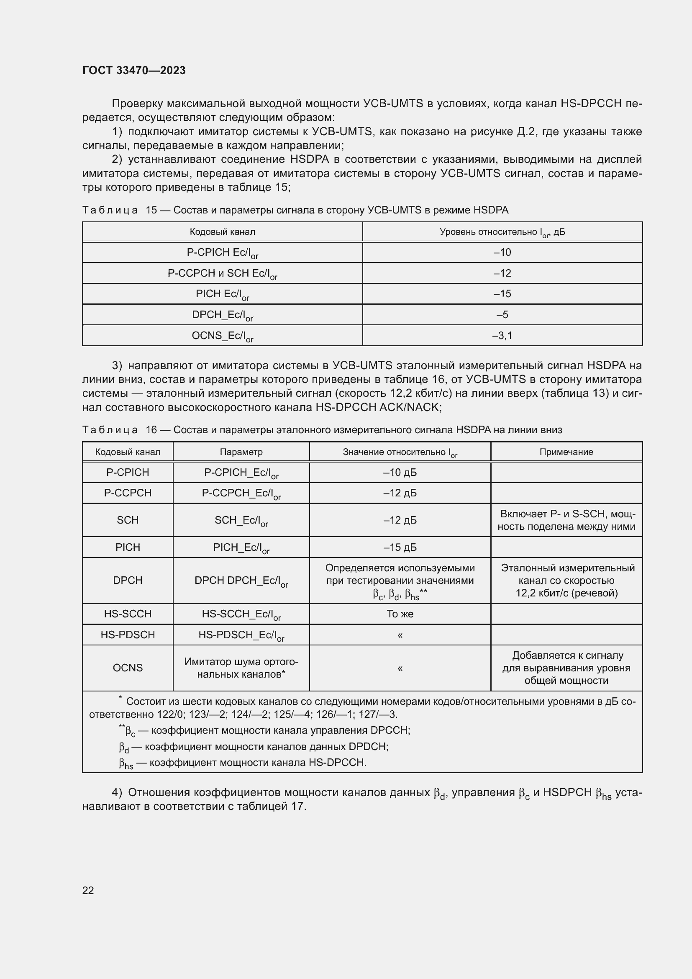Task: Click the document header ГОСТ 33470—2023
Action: pos(134,70)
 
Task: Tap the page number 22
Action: pos(88,890)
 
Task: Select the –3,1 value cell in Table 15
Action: pos(502,336)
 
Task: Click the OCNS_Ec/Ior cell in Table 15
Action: pos(223,336)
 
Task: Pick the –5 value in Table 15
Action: pos(502,315)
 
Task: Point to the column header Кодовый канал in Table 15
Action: pos(223,232)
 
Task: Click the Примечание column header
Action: pos(566,452)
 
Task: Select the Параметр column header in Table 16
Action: pos(241,452)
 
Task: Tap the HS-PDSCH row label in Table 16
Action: pos(128,635)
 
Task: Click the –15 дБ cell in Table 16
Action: pos(400,547)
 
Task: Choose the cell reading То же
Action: pos(400,614)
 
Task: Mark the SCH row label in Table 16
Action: pos(128,520)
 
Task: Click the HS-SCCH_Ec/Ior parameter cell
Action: pos(241,614)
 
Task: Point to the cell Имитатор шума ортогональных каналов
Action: pos(241,668)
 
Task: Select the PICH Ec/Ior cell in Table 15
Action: pos(223,294)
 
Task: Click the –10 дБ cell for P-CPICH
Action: pos(400,473)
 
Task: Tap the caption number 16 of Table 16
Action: pos(151,430)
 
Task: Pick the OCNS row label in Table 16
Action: pos(128,668)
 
